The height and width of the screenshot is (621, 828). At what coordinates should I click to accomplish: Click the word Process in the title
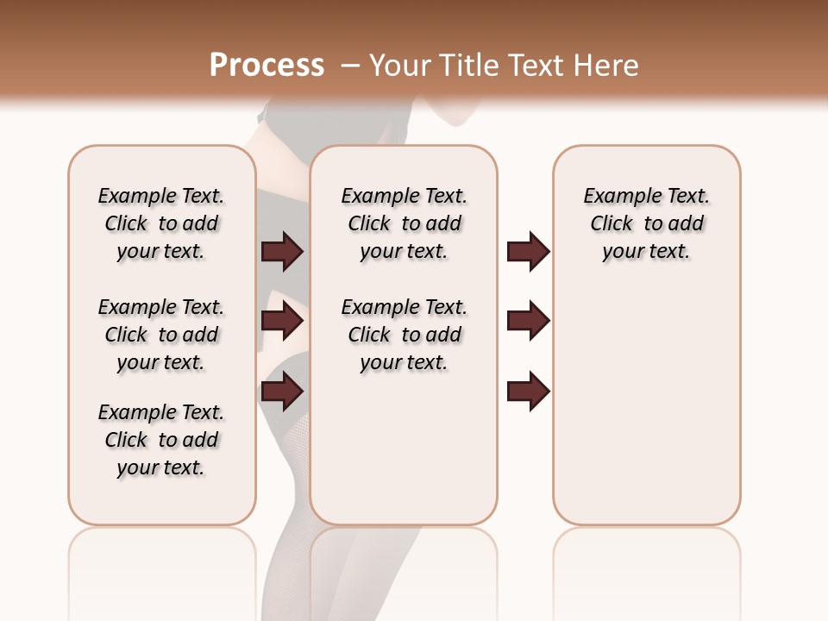pos(267,66)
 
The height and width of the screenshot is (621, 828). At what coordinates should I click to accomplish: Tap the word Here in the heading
pos(607,66)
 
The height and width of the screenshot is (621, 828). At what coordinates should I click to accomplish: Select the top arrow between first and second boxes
pos(282,252)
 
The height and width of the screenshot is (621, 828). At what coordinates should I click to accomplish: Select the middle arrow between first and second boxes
pos(282,321)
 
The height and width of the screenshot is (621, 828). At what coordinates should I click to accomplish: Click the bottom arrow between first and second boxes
pos(282,392)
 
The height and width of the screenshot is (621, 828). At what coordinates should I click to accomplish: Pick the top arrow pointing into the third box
pos(528,252)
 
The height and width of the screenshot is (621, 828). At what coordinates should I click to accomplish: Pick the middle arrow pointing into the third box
pos(528,321)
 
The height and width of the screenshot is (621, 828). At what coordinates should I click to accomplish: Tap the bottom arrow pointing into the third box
pos(528,392)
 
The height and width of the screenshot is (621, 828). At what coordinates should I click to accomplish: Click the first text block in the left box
pos(161,223)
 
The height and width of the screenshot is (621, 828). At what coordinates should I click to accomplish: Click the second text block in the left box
pos(161,335)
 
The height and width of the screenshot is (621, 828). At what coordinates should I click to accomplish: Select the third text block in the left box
pos(161,440)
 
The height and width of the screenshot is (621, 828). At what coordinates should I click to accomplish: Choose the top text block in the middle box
pos(404,223)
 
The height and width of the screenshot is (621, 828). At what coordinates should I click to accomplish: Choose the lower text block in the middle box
pos(404,335)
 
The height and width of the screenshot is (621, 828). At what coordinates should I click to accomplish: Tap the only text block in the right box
pos(646,223)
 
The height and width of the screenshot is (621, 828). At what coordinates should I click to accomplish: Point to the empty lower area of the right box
pos(646,414)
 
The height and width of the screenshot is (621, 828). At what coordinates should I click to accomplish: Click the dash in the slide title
pos(349,66)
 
